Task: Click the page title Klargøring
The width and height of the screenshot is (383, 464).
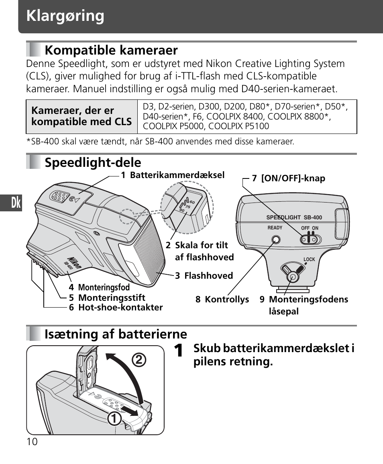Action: coord(65,16)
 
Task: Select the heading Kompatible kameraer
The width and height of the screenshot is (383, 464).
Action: coord(111,50)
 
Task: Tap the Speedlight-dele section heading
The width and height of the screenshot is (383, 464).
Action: coord(93,162)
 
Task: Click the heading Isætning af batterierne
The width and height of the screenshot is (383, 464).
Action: coord(116,334)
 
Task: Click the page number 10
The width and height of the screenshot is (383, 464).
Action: coord(32,442)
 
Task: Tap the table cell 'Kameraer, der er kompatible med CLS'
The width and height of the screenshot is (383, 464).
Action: coord(81,116)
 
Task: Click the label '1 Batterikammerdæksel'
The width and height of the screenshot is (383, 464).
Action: coord(173,175)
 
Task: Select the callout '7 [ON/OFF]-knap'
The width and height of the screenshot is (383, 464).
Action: coord(288,178)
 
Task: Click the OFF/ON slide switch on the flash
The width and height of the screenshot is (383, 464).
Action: coord(311,240)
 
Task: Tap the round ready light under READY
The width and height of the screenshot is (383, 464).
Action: coord(275,240)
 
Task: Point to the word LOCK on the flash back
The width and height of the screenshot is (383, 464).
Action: coord(309,259)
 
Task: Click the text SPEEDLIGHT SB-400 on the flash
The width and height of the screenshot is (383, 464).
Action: coord(294,218)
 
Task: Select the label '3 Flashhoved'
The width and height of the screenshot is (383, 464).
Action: coord(204,276)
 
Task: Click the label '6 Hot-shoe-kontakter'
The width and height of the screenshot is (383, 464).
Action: coord(116,308)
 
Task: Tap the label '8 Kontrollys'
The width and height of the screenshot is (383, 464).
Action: coord(222,300)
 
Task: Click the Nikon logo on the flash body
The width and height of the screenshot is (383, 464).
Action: coord(75,262)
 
